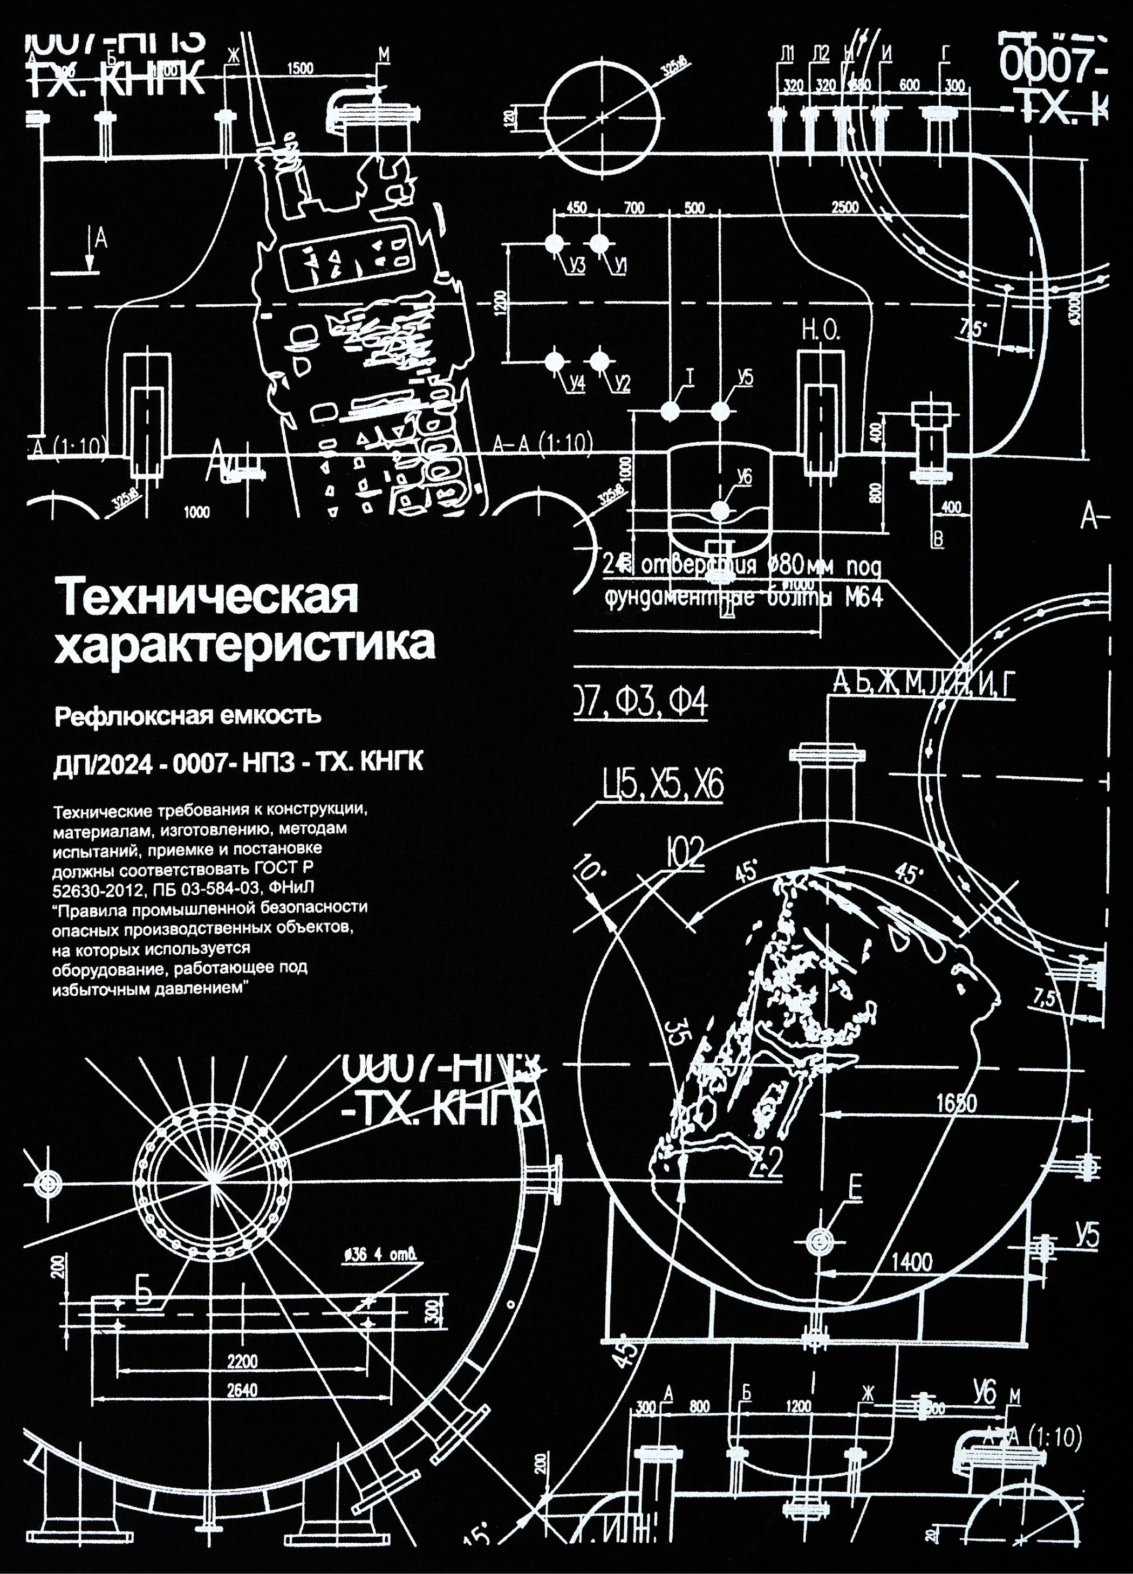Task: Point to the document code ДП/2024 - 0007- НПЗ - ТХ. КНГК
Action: [238, 763]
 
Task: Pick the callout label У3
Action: [576, 266]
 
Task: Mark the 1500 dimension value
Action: [300, 69]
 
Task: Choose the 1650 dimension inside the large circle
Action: [956, 1103]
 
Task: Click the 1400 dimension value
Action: [912, 1262]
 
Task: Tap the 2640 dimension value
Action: [242, 1390]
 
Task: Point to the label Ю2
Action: [685, 853]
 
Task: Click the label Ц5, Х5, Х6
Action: [663, 785]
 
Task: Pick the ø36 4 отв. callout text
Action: [382, 1255]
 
